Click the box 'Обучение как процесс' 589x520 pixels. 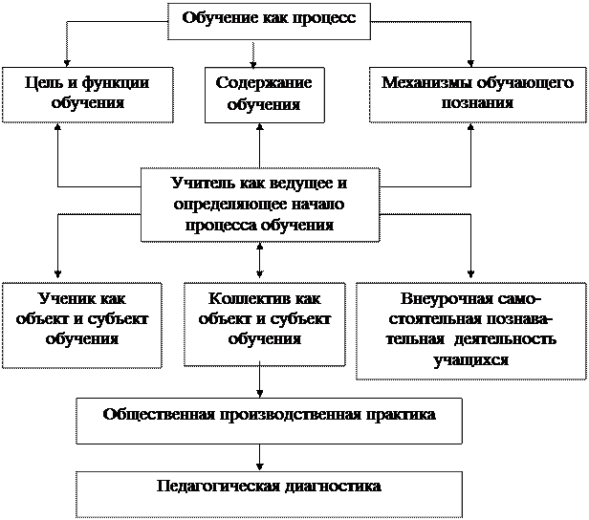point(269,20)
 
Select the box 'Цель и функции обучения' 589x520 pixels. point(87,93)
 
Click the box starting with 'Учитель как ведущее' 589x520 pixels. point(259,204)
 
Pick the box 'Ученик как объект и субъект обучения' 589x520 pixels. point(81,323)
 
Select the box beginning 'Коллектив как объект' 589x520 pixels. point(263,323)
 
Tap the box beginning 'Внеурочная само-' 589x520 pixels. point(469,329)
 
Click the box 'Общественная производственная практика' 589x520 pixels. point(269,420)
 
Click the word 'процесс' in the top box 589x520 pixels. point(327,19)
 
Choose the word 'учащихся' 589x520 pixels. point(469,360)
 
